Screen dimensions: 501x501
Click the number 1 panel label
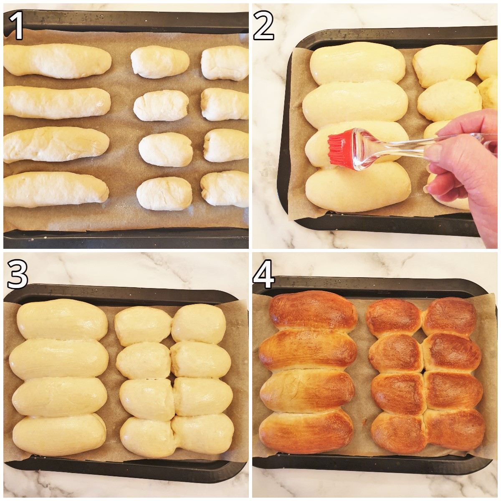click(x=16, y=26)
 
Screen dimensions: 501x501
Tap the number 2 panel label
click(x=263, y=26)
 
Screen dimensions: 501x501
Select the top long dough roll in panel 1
click(x=57, y=61)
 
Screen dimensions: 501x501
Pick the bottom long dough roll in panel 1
click(x=56, y=189)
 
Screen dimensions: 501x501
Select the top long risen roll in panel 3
click(x=62, y=320)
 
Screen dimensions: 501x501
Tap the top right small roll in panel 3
click(x=199, y=324)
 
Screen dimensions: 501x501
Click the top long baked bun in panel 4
click(x=313, y=311)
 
